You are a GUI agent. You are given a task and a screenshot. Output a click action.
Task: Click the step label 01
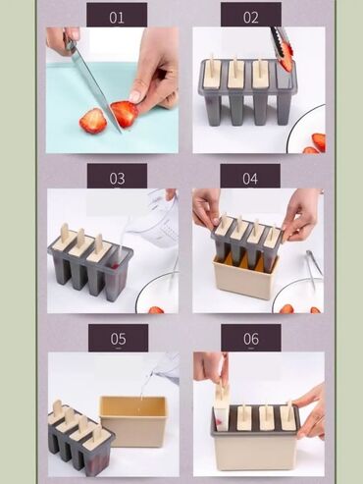(117, 18)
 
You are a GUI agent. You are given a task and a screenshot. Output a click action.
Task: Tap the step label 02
(251, 17)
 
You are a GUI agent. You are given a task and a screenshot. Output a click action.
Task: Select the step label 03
(117, 179)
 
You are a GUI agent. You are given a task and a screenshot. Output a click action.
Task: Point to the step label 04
(250, 179)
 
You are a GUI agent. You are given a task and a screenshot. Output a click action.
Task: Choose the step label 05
(118, 339)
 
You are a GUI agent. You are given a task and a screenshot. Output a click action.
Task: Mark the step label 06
(251, 339)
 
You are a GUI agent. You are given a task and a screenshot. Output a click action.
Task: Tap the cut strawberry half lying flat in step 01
(93, 121)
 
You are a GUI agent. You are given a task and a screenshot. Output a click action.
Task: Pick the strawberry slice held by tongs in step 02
(285, 58)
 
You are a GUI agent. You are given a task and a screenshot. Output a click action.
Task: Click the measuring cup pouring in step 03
(156, 219)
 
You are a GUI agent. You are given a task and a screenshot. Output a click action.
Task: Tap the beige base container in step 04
(246, 278)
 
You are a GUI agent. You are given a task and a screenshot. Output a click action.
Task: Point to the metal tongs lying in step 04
(313, 268)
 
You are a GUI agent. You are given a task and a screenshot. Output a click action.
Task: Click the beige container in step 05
(134, 421)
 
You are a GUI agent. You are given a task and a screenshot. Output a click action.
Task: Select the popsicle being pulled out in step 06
(222, 405)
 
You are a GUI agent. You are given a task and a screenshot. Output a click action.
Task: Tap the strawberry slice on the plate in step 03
(156, 309)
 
